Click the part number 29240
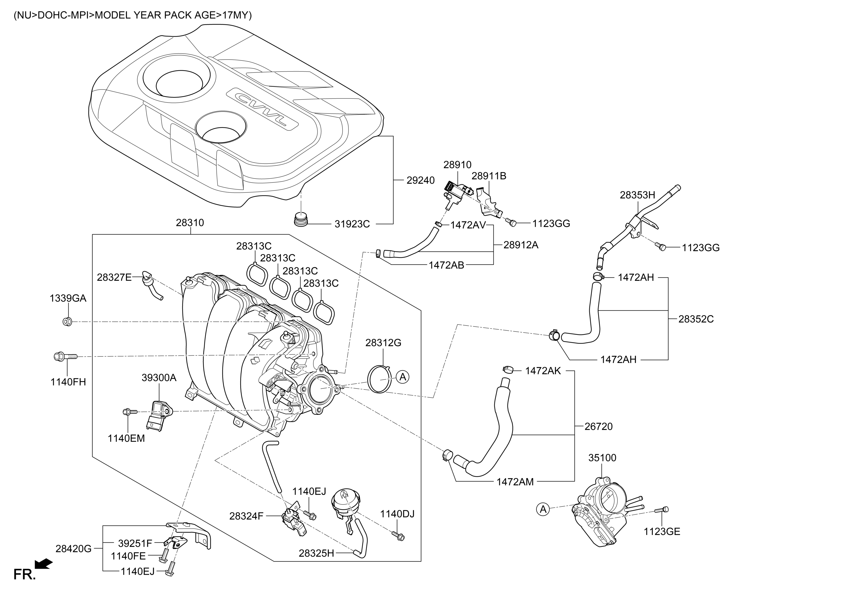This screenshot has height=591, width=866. point(420,180)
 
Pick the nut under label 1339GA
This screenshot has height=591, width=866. point(67,321)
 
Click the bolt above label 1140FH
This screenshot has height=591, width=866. point(65,356)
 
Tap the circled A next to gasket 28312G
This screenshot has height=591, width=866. point(402,377)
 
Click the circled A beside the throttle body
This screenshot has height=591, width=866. point(543,509)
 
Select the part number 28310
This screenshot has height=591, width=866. point(190,223)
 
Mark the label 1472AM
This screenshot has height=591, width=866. point(515,482)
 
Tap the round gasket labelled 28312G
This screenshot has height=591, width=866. point(380,379)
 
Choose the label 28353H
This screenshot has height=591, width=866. point(637,195)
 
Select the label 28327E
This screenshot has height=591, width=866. point(114,277)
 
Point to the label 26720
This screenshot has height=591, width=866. point(598,427)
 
